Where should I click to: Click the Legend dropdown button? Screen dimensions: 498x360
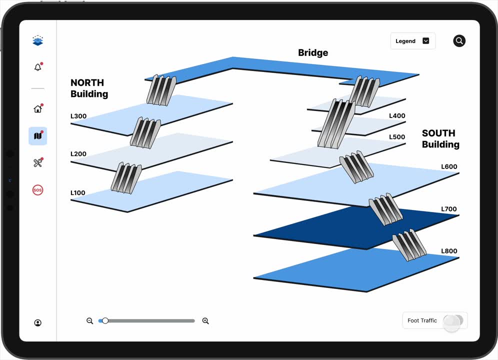(x=412, y=41)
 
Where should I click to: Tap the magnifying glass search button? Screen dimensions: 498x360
(x=459, y=40)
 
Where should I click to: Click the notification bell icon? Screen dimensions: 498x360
(x=38, y=66)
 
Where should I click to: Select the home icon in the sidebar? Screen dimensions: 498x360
(x=38, y=108)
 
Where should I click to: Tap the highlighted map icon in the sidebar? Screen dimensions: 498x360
(x=38, y=136)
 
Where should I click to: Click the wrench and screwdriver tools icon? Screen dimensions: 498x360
(x=38, y=162)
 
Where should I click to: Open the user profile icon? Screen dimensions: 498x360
(x=38, y=323)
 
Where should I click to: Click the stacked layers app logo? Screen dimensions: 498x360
(x=38, y=40)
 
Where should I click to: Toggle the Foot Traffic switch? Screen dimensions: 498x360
(x=453, y=320)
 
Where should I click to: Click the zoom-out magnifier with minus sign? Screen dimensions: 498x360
(x=90, y=321)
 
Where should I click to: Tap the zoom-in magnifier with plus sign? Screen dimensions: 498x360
(x=205, y=321)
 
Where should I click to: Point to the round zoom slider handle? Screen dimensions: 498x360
(x=105, y=320)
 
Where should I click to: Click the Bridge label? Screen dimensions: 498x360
(x=313, y=52)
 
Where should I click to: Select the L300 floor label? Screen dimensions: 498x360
(x=78, y=116)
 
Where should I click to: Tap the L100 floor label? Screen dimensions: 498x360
(x=78, y=193)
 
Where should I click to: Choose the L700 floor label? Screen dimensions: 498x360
(x=449, y=209)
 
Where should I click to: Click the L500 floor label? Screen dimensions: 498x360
(x=397, y=137)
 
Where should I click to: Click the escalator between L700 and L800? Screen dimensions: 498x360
(x=409, y=244)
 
